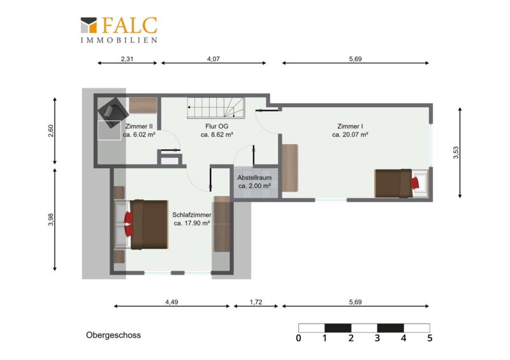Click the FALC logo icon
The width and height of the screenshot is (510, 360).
(89, 25)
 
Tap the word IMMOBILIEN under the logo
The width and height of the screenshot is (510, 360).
(119, 40)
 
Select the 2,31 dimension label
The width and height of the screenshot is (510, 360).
(127, 59)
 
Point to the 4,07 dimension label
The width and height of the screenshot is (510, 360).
(214, 59)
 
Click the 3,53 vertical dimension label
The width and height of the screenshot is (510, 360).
(456, 152)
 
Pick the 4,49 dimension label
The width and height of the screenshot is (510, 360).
(171, 302)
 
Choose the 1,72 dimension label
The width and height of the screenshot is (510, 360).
(256, 302)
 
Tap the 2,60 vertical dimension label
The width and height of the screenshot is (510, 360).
(51, 131)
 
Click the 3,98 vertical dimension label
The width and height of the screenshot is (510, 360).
(51, 219)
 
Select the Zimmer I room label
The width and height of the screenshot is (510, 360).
(350, 126)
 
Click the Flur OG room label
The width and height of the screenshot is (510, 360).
(217, 126)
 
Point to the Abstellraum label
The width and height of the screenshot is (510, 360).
(254, 178)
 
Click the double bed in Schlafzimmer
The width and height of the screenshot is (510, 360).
(141, 224)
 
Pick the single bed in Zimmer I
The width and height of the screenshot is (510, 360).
(402, 183)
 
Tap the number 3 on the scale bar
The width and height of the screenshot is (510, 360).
(377, 338)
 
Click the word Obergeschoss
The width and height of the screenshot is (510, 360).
(113, 335)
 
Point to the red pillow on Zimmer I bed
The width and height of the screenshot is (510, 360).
(415, 183)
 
